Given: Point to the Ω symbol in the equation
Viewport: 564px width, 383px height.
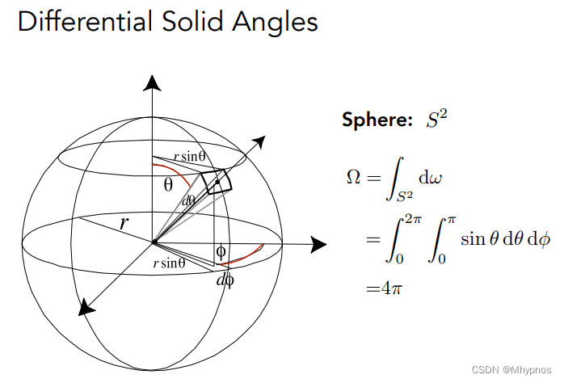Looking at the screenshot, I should pos(352,177).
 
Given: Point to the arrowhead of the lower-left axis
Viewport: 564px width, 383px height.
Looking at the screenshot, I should pos(83,306).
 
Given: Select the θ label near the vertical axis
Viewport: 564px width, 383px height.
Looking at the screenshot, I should pos(168,184).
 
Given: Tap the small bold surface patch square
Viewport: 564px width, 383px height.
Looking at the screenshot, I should pos(217,182).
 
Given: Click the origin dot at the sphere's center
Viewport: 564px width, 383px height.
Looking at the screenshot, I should pos(153,242).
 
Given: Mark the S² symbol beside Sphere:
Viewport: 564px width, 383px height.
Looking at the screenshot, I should pos(436,120).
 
